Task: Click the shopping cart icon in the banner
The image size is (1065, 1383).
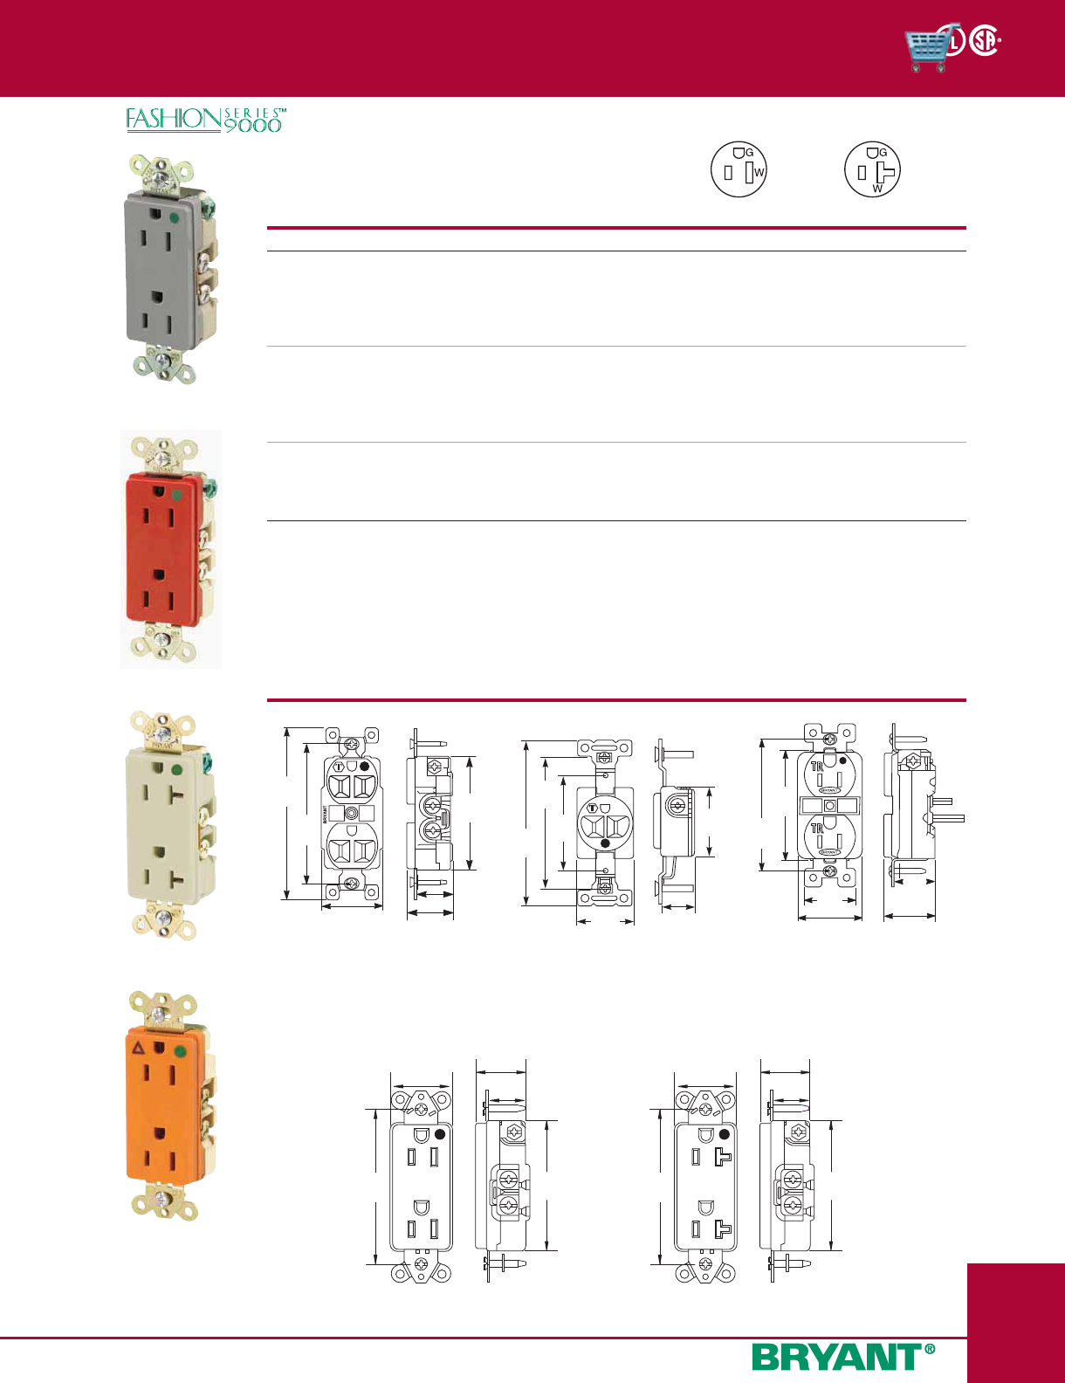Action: [x=927, y=48]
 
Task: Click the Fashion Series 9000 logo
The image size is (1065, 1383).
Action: [x=206, y=120]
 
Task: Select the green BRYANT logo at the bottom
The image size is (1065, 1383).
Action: [x=836, y=1358]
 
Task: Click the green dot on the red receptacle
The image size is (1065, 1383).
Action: [x=176, y=495]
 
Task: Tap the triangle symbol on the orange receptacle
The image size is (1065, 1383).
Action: [x=138, y=1047]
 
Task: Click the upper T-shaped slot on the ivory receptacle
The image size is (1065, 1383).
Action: [x=177, y=795]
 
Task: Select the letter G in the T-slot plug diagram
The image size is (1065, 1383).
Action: [x=883, y=153]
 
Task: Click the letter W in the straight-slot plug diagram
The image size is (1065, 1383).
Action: [x=759, y=172]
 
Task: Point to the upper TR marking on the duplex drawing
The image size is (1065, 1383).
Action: [x=817, y=767]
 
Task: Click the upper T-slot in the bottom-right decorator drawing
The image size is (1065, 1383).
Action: [x=722, y=1158]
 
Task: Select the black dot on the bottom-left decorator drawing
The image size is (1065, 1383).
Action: [x=439, y=1134]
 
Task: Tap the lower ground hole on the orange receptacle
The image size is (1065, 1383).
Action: [x=160, y=1132]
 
